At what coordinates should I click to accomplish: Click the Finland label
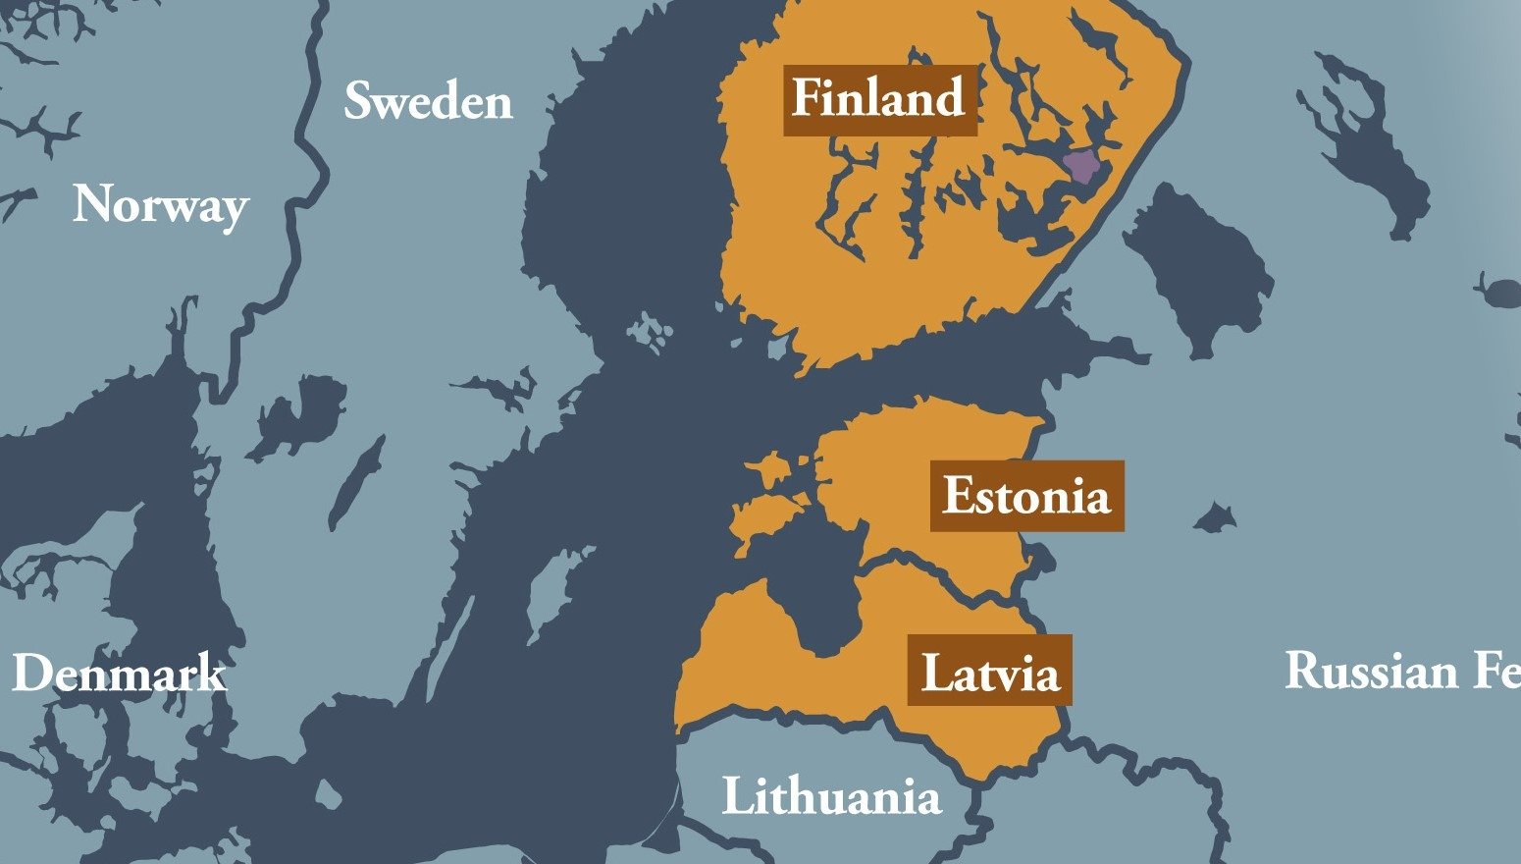click(x=879, y=100)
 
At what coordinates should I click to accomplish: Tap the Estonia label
click(x=1026, y=496)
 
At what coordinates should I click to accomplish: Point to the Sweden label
click(x=428, y=102)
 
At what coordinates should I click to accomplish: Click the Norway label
click(x=160, y=205)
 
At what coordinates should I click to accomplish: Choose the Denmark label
click(x=119, y=674)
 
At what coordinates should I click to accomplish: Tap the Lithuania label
click(x=831, y=796)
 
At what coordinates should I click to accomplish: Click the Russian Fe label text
click(x=1401, y=672)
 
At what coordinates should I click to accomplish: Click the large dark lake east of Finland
click(x=1202, y=265)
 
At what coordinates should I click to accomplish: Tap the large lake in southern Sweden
click(x=299, y=412)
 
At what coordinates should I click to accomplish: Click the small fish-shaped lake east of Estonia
click(x=1216, y=516)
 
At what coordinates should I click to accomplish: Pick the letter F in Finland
click(x=807, y=100)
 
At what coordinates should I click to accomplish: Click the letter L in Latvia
click(x=933, y=673)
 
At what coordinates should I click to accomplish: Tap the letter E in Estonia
click(x=957, y=496)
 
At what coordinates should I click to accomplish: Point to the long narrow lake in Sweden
click(x=355, y=481)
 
